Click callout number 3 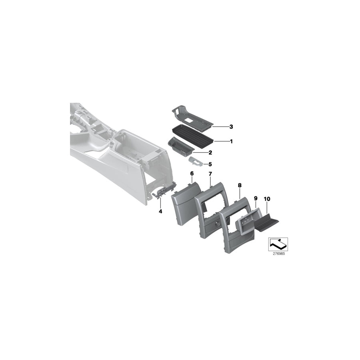tap(231, 127)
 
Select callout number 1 tap(231, 141)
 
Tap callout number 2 tap(210, 152)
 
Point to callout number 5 tap(210, 164)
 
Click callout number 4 tap(160, 211)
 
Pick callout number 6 tap(192, 174)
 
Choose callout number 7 tap(210, 174)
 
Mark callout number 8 tap(240, 186)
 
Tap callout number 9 tap(256, 198)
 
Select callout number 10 tap(267, 198)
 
